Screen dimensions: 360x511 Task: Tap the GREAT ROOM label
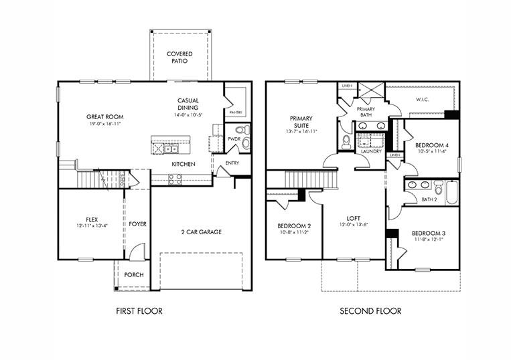[x=104, y=116]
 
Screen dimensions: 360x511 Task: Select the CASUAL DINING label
[x=188, y=104]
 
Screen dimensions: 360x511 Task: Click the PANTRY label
[x=235, y=112]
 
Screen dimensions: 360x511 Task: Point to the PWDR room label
[x=234, y=139]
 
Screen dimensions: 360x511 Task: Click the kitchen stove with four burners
[x=174, y=179]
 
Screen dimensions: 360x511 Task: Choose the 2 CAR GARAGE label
[x=201, y=232]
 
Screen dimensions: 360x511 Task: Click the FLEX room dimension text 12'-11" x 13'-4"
[x=91, y=226]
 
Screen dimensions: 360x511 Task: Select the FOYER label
[x=138, y=224]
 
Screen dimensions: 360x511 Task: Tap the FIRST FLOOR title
[x=139, y=311]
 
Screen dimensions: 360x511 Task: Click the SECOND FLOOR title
[x=370, y=311]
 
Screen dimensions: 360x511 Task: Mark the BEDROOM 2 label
[x=294, y=226]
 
